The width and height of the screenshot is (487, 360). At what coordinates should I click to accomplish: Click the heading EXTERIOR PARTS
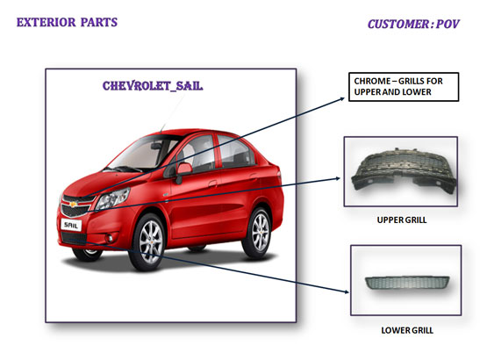click(x=67, y=22)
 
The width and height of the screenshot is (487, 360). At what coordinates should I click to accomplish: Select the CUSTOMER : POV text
click(x=413, y=24)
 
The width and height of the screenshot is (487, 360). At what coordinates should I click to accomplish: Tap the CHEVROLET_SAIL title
click(x=153, y=86)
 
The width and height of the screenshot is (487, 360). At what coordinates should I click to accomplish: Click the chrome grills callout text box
click(x=404, y=87)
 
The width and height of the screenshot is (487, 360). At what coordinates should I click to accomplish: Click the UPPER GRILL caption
click(x=402, y=220)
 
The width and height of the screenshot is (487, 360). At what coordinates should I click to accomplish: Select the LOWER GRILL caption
click(x=407, y=330)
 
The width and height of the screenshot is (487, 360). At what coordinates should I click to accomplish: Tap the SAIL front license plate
click(x=71, y=225)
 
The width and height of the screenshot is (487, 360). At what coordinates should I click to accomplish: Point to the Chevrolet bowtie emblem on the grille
click(x=74, y=205)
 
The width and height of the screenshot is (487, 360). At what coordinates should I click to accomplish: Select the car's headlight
click(x=112, y=198)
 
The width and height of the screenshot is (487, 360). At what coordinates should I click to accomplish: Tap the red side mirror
click(x=183, y=169)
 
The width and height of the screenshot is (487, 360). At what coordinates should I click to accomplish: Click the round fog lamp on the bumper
click(x=110, y=239)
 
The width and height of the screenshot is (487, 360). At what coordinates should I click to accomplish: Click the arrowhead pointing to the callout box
click(x=342, y=99)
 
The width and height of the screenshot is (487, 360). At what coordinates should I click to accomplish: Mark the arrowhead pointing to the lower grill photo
click(x=347, y=292)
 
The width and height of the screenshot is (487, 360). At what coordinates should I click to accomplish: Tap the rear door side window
click(x=234, y=151)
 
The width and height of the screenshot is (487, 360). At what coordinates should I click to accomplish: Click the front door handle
click(x=212, y=184)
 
